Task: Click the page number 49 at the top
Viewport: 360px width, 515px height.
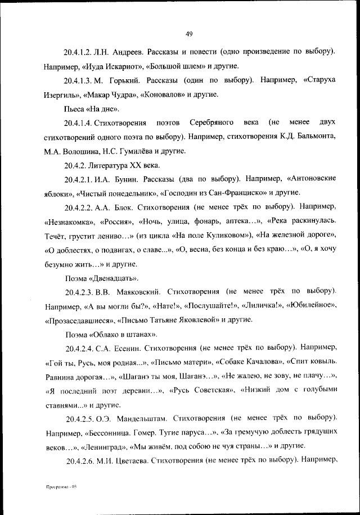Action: point(189,34)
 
